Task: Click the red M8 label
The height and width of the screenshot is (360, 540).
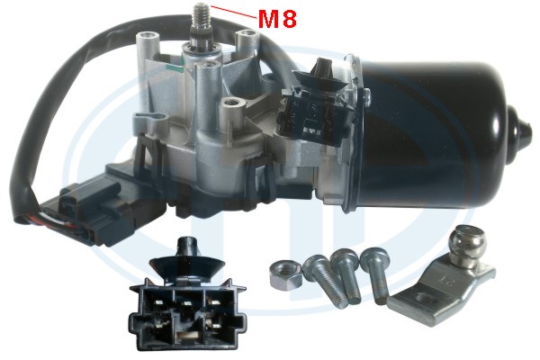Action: click(277, 19)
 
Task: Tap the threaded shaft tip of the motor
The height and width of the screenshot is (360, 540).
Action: click(201, 15)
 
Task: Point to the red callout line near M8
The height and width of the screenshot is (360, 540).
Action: click(233, 12)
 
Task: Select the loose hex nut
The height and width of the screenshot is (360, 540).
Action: click(285, 274)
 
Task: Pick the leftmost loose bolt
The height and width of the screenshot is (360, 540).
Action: click(324, 279)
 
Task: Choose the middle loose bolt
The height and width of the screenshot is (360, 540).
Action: click(346, 275)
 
